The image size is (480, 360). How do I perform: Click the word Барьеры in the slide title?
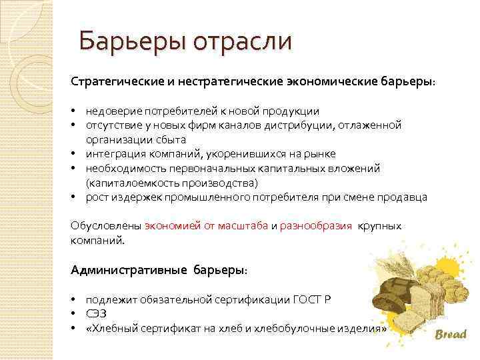pyautogui.click(x=131, y=41)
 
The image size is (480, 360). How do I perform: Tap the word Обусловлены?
pyautogui.click(x=105, y=225)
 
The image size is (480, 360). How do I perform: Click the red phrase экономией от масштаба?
pyautogui.click(x=206, y=225)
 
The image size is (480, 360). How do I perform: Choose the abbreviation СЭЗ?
pyautogui.click(x=96, y=314)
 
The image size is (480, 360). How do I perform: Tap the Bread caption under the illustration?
pyautogui.click(x=451, y=335)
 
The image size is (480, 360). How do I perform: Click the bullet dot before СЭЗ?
pyautogui.click(x=74, y=314)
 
